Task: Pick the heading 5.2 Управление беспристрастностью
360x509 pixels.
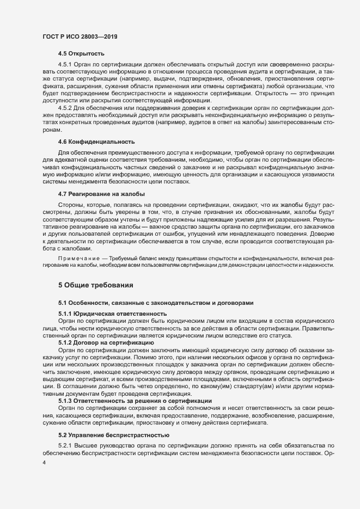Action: pyautogui.click(x=114, y=435)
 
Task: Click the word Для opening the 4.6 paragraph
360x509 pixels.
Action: pyautogui.click(x=64, y=153)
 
